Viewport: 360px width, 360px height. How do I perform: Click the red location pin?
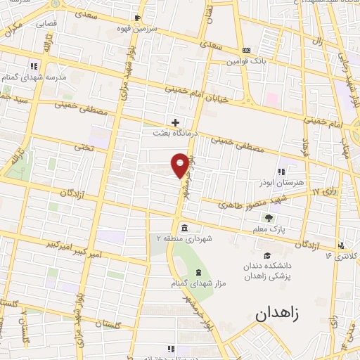click(x=180, y=165)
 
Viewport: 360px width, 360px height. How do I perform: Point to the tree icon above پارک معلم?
click(x=268, y=217)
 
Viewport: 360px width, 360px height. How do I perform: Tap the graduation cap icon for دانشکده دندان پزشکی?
click(x=266, y=256)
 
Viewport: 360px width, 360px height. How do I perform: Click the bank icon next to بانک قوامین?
click(x=245, y=51)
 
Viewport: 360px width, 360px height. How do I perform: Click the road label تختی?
click(x=84, y=147)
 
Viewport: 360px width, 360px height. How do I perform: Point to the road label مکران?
click(x=12, y=30)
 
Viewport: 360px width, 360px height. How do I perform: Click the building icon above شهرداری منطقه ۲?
click(x=184, y=228)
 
